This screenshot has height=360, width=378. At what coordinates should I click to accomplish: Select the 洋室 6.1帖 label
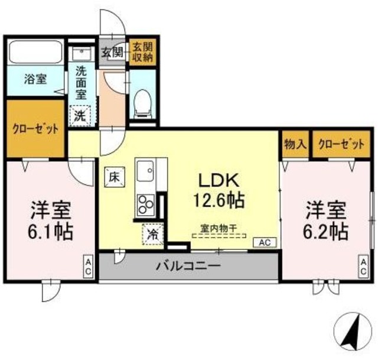(x=52, y=220)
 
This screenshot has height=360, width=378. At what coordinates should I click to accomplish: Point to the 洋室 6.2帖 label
(x=326, y=220)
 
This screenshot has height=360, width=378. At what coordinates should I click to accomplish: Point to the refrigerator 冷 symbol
(x=151, y=234)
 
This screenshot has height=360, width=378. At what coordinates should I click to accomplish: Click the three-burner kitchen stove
(x=145, y=206)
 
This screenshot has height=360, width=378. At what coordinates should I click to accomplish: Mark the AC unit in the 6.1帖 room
(x=87, y=266)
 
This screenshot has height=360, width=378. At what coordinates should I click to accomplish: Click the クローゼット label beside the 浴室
(x=35, y=129)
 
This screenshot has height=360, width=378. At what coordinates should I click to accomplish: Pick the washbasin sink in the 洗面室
(x=81, y=53)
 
